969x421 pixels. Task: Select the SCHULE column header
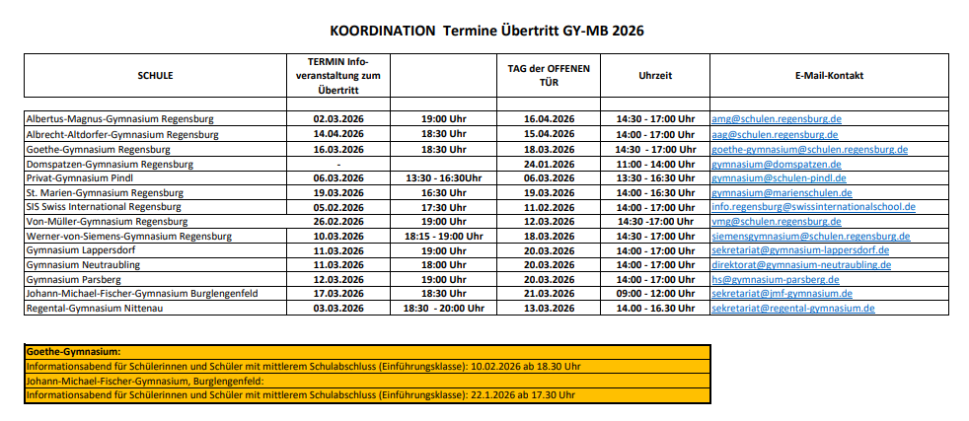click(156, 75)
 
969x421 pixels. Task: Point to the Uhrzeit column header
click(655, 75)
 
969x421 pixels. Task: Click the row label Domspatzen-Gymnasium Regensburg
click(110, 164)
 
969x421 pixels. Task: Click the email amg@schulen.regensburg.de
click(776, 119)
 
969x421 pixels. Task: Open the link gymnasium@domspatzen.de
click(773, 164)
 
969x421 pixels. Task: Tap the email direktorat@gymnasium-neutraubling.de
click(801, 264)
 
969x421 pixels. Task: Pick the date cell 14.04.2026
click(338, 134)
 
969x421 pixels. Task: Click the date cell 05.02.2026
click(338, 207)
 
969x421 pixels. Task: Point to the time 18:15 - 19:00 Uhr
click(443, 236)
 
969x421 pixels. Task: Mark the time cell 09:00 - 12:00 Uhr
click(655, 294)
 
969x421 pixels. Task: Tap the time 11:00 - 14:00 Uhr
click(655, 164)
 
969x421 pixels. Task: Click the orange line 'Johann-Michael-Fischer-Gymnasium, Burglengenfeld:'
click(145, 381)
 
